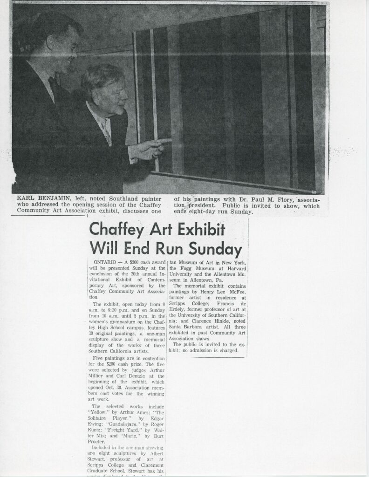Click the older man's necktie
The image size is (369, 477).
tap(107, 131)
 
